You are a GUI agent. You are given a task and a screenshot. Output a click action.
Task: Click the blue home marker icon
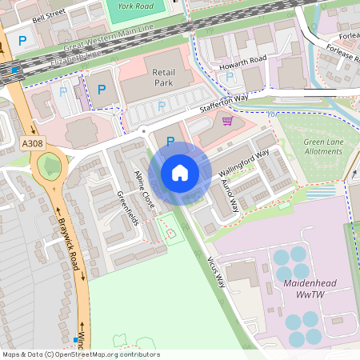180,172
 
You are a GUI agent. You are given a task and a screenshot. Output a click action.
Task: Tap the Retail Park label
162,78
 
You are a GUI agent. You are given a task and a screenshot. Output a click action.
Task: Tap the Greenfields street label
127,208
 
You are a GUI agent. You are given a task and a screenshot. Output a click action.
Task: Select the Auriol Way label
229,195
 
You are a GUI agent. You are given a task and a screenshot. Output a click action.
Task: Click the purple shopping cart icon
227,122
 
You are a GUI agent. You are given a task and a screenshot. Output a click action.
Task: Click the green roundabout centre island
50,166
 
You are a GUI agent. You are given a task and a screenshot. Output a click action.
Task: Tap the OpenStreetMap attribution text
80,354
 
